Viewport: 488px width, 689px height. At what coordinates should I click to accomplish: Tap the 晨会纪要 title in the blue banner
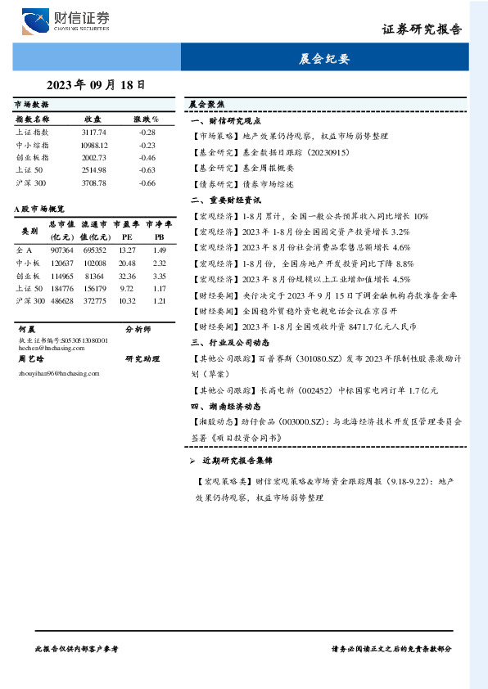[x=325, y=59]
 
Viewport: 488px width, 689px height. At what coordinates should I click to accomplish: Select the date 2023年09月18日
[x=96, y=84]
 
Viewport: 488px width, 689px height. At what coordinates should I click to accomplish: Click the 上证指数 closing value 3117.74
[x=93, y=132]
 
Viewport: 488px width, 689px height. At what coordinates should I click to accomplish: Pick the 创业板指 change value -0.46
[x=147, y=157]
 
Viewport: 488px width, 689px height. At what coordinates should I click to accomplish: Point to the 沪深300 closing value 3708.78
[x=93, y=182]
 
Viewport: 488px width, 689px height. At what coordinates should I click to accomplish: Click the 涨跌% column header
[x=147, y=119]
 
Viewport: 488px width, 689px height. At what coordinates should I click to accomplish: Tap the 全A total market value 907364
[x=62, y=250]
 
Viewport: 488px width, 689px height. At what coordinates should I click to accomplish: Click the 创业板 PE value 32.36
[x=127, y=275]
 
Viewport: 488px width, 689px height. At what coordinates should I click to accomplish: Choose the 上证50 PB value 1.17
[x=159, y=288]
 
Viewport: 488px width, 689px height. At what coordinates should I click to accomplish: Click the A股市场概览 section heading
[x=40, y=209]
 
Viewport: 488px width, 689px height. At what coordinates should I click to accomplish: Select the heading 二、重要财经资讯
[x=225, y=200]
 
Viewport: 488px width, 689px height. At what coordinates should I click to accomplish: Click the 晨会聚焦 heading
[x=206, y=105]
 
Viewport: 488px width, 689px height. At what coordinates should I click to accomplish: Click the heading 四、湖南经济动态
[x=225, y=406]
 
